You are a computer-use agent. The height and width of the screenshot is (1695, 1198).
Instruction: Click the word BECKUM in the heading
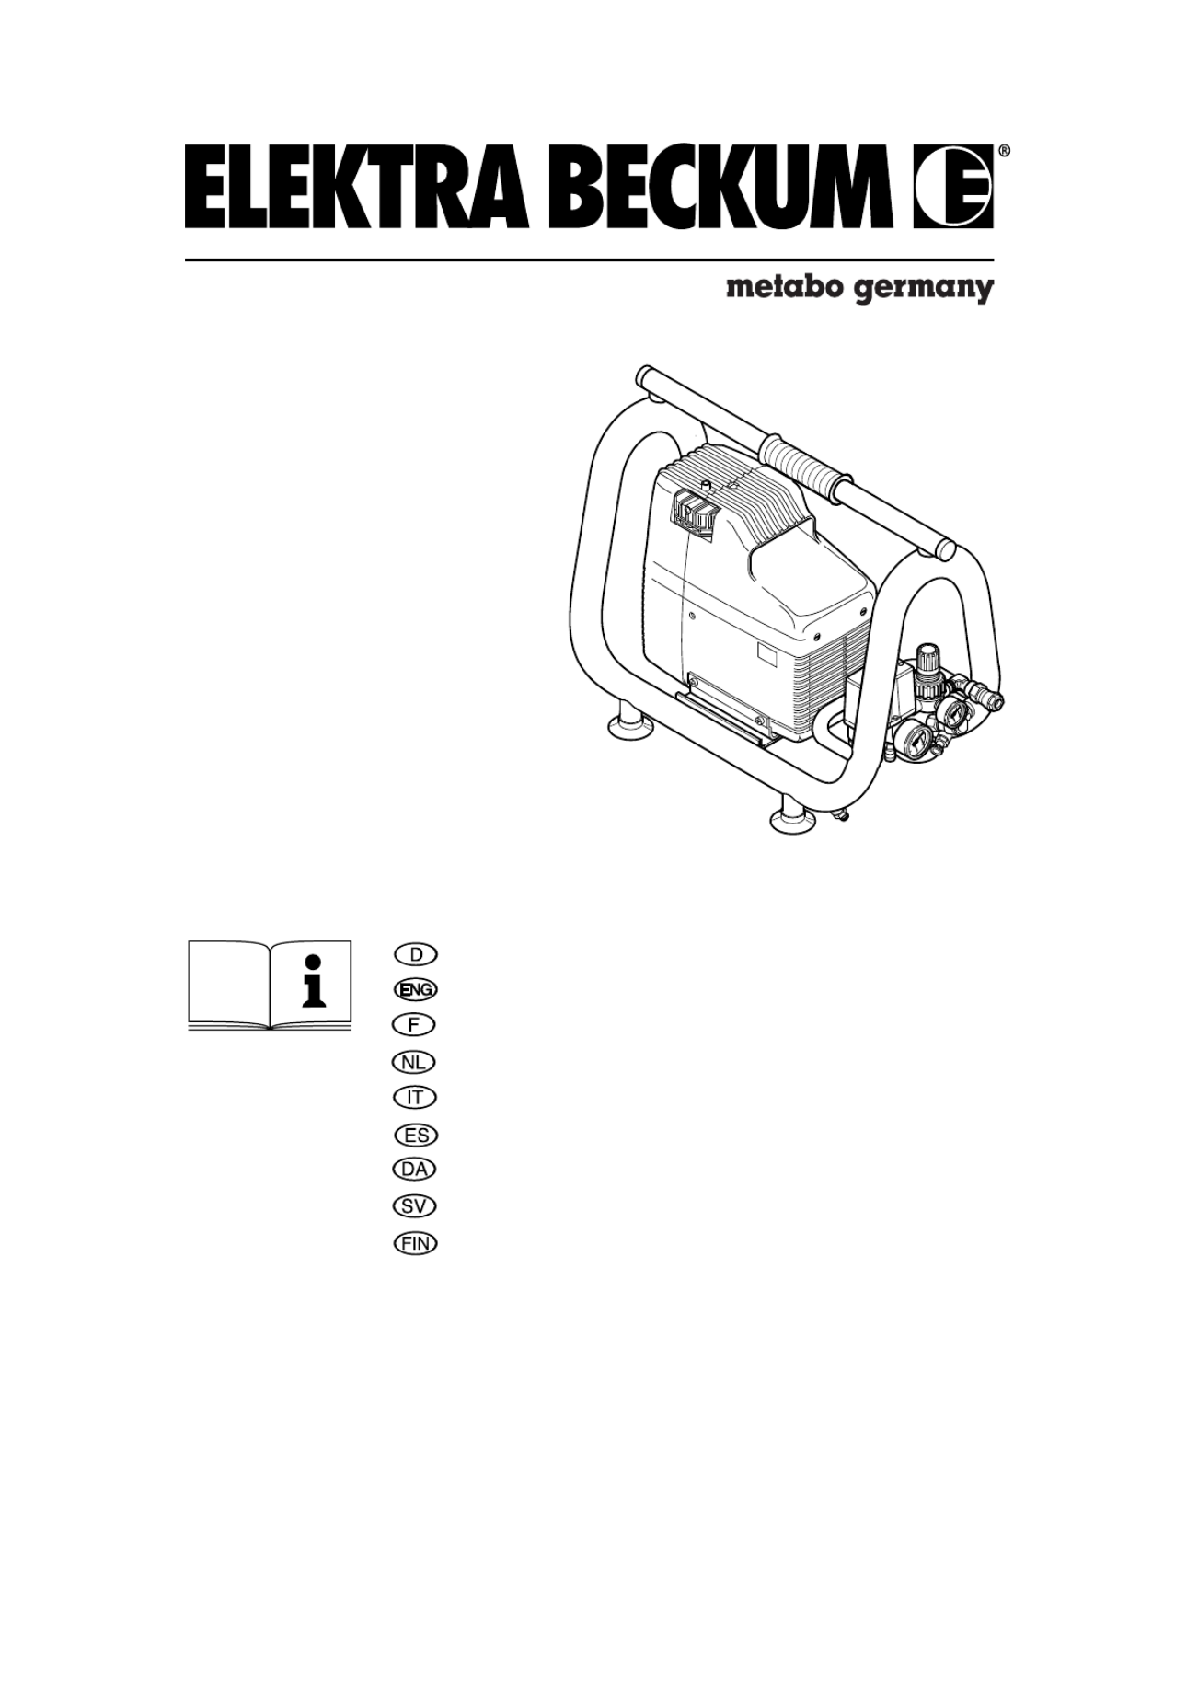coord(732,187)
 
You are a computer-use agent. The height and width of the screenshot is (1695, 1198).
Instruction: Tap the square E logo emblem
coord(953,187)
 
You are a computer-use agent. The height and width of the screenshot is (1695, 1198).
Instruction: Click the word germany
coord(921,290)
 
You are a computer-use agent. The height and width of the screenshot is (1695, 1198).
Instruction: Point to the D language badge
coord(415,953)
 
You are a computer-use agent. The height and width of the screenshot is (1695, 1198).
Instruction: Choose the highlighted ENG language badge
coord(415,989)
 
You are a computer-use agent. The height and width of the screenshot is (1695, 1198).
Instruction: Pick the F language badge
coord(415,1025)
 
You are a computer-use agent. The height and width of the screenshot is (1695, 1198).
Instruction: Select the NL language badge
coord(415,1062)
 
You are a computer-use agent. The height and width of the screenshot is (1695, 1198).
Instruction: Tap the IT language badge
coord(415,1098)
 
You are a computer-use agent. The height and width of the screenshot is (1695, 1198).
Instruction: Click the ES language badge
coord(415,1135)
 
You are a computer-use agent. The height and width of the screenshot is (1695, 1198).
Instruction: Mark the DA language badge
coord(415,1170)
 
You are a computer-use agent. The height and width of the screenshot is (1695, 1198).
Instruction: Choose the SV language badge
coord(415,1206)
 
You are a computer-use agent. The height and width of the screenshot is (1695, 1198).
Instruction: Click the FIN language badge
coord(415,1243)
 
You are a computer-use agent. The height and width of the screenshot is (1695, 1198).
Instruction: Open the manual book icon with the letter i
coord(270,985)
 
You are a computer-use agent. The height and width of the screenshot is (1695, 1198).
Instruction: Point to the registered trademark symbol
coord(1005,150)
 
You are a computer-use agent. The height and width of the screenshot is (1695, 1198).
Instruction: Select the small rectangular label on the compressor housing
coord(767,654)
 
